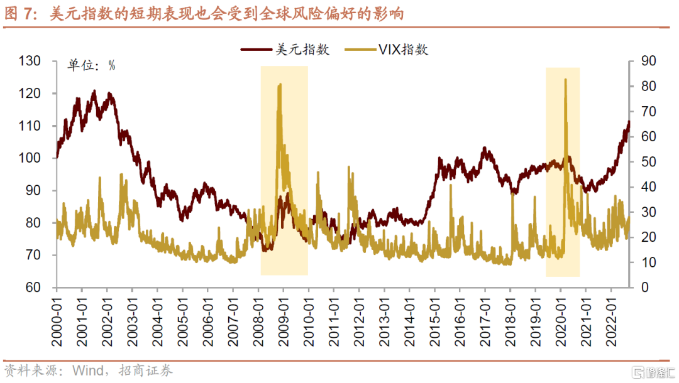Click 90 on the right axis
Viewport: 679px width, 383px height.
[x=648, y=61]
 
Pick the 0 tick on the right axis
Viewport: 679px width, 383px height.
[x=644, y=288]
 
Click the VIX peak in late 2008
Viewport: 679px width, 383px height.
[x=279, y=84]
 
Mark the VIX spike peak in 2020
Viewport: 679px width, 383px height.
[x=565, y=80]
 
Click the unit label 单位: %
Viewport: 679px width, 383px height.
[x=92, y=65]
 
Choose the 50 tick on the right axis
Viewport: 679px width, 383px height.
[x=648, y=161]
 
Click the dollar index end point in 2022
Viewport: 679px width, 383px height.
[x=628, y=122]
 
